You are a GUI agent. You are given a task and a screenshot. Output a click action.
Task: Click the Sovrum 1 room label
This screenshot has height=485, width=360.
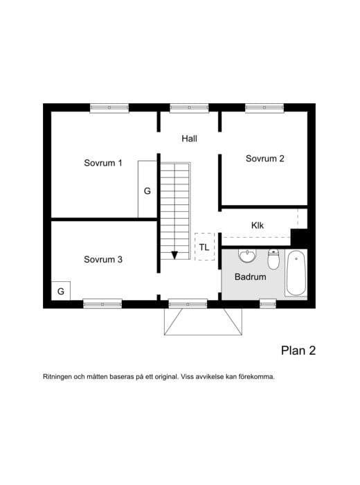103,164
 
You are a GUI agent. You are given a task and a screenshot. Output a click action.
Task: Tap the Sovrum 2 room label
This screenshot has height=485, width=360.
265,159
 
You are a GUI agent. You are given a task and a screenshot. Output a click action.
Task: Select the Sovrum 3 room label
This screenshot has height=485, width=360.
103,260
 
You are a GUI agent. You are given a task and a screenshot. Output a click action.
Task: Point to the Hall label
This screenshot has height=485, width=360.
190,139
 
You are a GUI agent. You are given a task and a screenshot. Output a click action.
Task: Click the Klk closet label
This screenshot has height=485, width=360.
258,225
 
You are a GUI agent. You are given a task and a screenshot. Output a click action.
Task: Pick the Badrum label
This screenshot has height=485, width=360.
250,277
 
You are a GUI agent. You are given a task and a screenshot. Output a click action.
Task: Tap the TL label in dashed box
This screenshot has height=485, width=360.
204,247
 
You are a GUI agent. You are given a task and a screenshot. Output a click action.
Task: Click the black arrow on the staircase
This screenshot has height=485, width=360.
174,254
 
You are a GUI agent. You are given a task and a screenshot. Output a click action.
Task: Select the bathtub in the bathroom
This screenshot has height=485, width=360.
296,273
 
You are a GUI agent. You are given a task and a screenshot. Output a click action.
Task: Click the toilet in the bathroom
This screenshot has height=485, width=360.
273,260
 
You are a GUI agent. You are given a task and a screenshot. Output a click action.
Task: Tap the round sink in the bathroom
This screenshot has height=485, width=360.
247,257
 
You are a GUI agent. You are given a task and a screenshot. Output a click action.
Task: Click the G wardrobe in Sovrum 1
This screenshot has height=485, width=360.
147,190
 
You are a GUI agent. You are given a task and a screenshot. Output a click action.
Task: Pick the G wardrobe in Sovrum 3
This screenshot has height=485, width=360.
61,291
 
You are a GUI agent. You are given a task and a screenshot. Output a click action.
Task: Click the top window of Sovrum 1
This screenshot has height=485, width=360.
109,107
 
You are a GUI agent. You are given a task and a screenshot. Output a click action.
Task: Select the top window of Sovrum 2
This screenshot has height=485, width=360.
264,107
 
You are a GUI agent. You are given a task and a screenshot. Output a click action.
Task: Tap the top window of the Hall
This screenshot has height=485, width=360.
189,107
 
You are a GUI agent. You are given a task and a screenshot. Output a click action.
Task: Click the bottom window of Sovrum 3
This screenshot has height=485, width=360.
102,303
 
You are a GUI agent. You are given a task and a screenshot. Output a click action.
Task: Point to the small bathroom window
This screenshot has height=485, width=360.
268,303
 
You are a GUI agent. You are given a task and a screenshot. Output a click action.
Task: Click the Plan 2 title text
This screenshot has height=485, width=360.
298,351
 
